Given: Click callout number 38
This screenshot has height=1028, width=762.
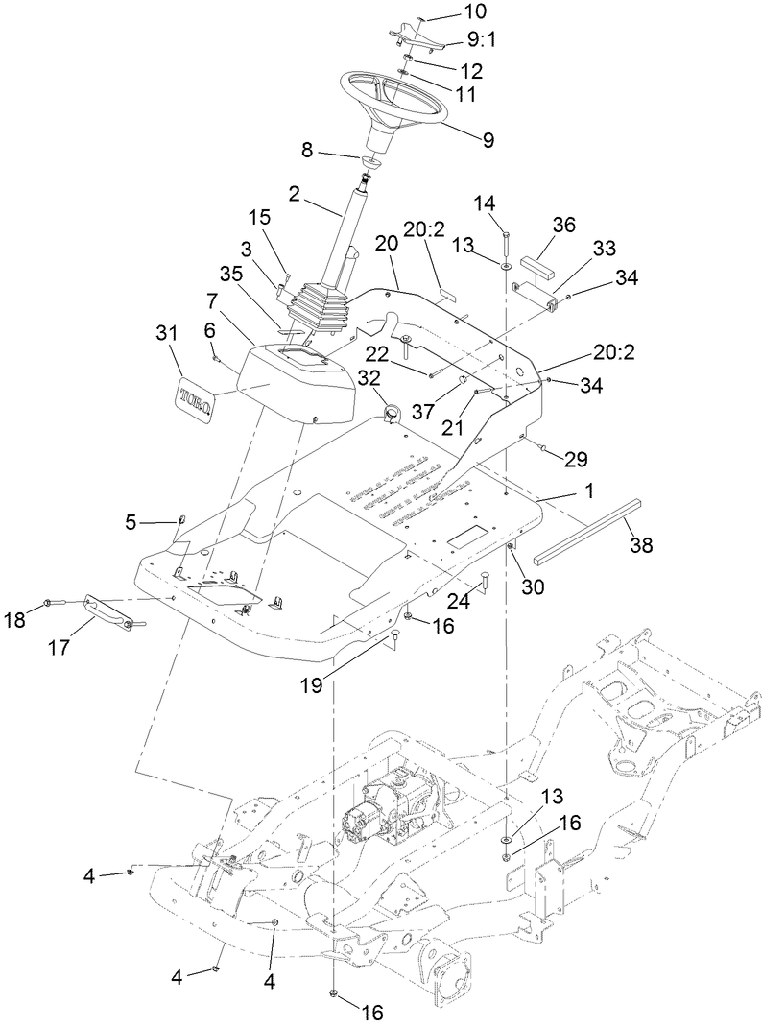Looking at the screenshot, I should [x=640, y=544].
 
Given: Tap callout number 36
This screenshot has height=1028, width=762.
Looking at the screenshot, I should [x=565, y=224].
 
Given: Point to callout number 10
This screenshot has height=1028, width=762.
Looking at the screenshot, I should [x=475, y=12].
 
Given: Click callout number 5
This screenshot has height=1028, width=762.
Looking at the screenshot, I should [x=131, y=523].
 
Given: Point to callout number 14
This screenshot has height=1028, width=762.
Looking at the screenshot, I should [x=487, y=203].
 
